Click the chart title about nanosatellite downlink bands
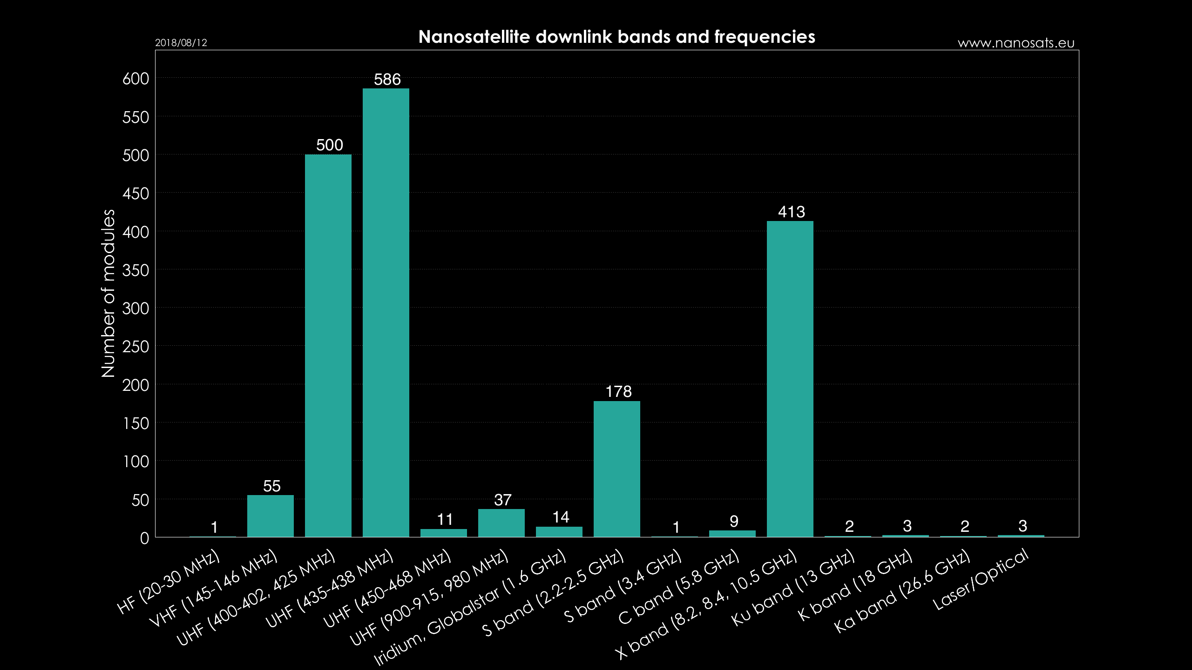click(616, 37)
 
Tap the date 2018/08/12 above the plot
click(181, 43)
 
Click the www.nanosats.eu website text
click(1016, 43)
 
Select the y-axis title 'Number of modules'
click(108, 293)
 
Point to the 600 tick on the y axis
click(135, 79)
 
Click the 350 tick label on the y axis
click(135, 270)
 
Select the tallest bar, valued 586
click(386, 312)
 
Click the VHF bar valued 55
click(271, 516)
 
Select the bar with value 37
click(501, 523)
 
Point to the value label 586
click(387, 80)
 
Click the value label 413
click(791, 212)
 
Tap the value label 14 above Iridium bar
click(561, 517)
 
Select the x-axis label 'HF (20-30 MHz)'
click(169, 582)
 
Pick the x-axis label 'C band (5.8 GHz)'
click(678, 587)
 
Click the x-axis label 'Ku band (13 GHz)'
click(793, 588)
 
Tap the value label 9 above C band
click(734, 522)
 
